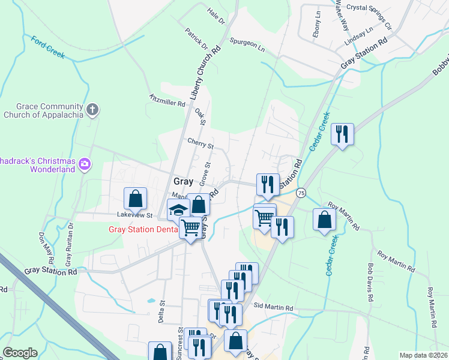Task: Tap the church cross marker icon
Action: tap(92, 110)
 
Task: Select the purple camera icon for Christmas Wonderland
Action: tap(85, 163)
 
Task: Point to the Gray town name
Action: tap(183, 181)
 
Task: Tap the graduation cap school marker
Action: tap(178, 210)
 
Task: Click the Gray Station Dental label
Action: tap(143, 229)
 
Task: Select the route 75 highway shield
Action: tap(301, 193)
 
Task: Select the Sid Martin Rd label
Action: tap(273, 308)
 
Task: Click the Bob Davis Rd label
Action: tap(370, 281)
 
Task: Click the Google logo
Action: tap(20, 353)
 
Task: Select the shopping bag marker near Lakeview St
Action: tap(136, 198)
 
